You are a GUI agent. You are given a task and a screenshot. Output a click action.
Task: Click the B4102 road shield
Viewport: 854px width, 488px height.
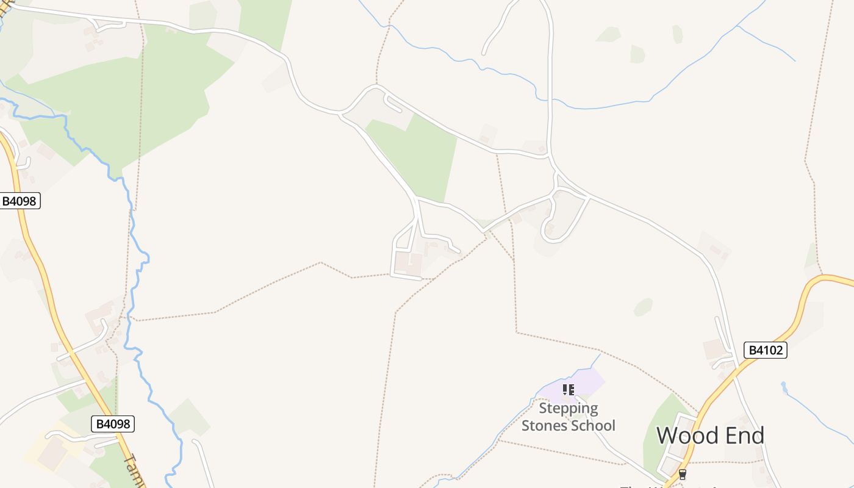point(765,350)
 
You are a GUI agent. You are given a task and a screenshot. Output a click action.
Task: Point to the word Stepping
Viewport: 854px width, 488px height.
point(568,408)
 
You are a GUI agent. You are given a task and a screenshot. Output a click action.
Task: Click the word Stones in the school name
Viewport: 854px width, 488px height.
point(544,425)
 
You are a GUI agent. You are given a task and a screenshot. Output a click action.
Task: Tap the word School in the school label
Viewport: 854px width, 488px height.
point(592,425)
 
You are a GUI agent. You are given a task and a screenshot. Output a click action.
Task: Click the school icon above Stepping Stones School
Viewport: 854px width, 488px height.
point(569,389)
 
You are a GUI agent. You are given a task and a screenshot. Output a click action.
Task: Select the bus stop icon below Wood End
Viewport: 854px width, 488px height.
point(682,474)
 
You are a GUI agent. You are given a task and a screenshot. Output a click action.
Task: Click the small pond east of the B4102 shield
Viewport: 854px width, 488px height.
point(784,386)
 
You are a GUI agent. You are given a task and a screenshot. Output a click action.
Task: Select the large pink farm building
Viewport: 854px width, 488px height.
point(407,264)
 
